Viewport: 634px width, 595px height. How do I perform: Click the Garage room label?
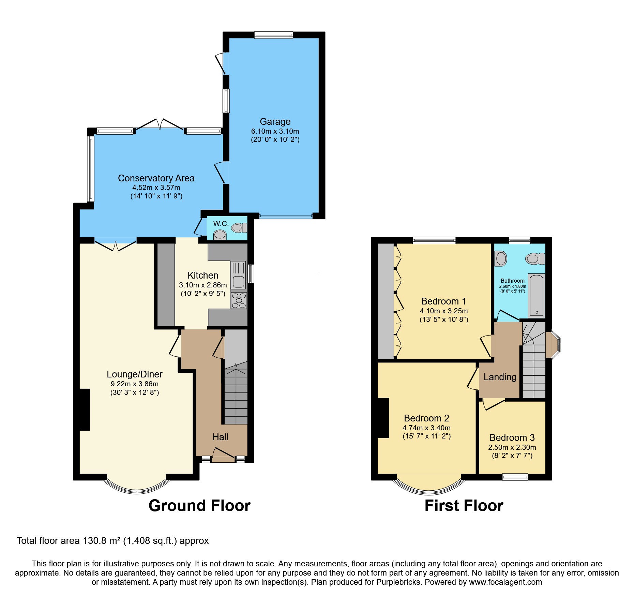[x=275, y=122]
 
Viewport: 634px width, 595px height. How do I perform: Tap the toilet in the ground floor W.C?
[x=239, y=227]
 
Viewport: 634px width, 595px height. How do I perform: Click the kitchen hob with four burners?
[x=239, y=301]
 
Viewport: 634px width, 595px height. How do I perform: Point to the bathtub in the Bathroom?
[x=537, y=295]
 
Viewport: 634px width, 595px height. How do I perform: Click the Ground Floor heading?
[x=199, y=506]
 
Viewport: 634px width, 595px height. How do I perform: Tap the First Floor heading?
[x=464, y=506]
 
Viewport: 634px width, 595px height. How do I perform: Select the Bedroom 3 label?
[x=512, y=437]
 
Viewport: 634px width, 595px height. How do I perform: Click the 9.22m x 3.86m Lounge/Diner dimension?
[x=134, y=384]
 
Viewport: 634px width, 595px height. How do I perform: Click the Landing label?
[x=500, y=377]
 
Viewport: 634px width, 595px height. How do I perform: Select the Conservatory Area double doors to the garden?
[x=160, y=124]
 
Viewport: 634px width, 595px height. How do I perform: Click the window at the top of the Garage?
[x=273, y=35]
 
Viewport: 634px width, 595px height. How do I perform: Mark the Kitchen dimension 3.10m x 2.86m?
[x=203, y=285]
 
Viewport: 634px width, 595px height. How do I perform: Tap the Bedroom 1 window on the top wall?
[x=434, y=240]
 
